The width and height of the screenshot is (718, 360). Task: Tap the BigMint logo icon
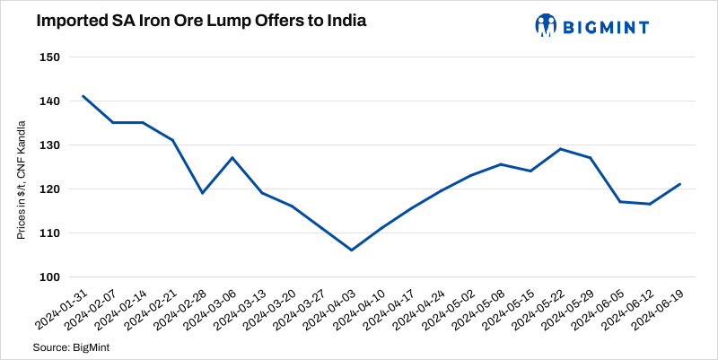[546, 25]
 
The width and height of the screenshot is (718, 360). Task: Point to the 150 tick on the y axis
[49, 57]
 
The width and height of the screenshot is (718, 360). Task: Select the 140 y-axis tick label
[49, 101]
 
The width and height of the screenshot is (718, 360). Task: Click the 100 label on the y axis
[49, 277]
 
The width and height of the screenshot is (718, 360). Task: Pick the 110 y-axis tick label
[49, 233]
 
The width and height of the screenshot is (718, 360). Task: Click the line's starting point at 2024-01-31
[83, 96]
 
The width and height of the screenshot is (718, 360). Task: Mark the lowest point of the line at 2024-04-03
[351, 250]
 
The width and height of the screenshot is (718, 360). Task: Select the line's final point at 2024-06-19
[679, 184]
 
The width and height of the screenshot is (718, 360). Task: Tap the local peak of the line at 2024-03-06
[232, 158]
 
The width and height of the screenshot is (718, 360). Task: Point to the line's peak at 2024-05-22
[560, 149]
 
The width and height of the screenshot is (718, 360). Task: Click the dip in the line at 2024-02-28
[202, 193]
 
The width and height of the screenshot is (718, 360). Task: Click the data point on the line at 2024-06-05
[619, 202]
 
